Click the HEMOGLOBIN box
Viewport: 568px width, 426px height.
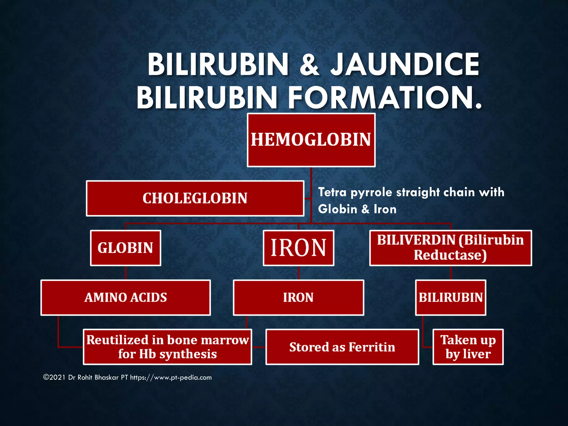[311, 140]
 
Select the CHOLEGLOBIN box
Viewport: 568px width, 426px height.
[195, 198]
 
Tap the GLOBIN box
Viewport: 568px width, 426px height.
[125, 248]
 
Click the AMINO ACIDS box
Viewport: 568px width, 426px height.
[126, 298]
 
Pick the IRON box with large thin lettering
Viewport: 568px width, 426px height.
[298, 248]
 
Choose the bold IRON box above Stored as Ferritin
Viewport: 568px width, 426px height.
[298, 298]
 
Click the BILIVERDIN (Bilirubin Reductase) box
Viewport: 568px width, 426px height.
[450, 248]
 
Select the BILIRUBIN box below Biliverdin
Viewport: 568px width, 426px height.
[450, 298]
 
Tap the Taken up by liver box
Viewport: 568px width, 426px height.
[468, 347]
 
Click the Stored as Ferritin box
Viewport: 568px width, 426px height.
[342, 347]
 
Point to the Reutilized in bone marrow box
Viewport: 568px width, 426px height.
[167, 347]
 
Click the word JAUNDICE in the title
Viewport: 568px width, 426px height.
[405, 64]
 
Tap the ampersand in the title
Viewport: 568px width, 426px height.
[310, 65]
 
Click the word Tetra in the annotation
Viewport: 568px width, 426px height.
[332, 192]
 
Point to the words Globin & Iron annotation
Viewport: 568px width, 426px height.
[357, 209]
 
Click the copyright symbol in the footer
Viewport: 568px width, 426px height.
[46, 377]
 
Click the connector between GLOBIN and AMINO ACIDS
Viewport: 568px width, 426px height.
[126, 273]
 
